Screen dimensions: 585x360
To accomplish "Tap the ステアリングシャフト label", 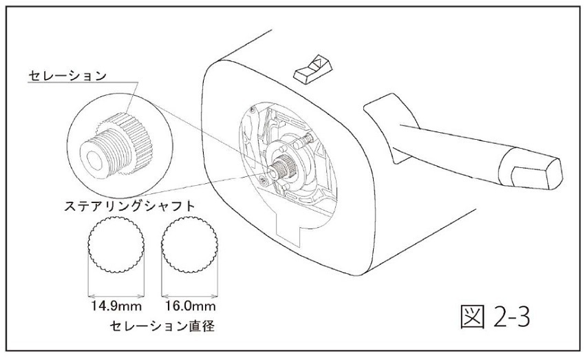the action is click(x=130, y=206).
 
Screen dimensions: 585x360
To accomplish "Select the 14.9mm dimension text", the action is click(x=116, y=306).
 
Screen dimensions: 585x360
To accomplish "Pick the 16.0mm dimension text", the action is click(x=190, y=306).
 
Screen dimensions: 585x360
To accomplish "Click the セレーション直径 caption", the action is click(x=162, y=326).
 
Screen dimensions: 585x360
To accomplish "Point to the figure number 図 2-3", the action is click(x=495, y=317).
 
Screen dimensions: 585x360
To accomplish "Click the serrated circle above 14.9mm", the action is click(x=116, y=244).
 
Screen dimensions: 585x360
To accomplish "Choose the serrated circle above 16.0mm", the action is click(x=189, y=244).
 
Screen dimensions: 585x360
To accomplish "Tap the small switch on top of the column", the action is click(x=312, y=70).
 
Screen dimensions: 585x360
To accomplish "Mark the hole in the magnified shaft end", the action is click(x=94, y=160).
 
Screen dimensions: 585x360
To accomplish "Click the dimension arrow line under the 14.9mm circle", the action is click(x=116, y=297).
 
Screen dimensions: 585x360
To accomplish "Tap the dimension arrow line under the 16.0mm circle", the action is click(x=189, y=297).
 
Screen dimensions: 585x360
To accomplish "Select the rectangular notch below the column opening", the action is click(x=289, y=229).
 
